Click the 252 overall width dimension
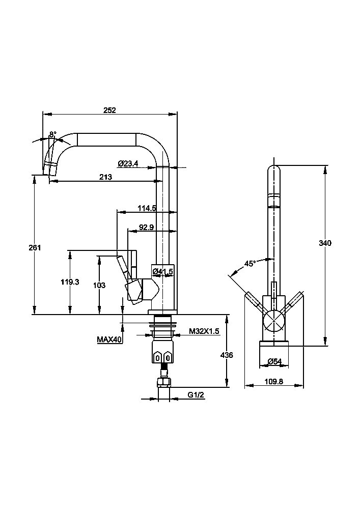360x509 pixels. pos(109,110)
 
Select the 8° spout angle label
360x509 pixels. pos(52,134)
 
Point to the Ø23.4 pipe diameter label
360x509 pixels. pos(128,163)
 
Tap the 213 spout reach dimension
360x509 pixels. pos(105,177)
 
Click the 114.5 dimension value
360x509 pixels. pos(147,208)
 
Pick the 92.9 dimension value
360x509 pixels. pos(147,227)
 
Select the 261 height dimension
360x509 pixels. pos(35,248)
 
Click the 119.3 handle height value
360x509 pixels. pos(70,282)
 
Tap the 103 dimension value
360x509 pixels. pos(99,286)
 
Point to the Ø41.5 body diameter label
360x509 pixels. pos(162,271)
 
